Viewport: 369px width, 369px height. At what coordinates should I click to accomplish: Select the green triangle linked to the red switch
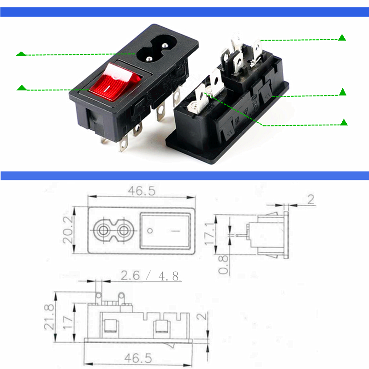click(21, 88)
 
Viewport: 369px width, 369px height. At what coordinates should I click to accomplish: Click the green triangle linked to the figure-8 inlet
click(21, 54)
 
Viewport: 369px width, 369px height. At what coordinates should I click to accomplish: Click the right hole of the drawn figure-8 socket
click(124, 230)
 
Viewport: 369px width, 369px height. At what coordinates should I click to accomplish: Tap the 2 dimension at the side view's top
click(310, 199)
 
